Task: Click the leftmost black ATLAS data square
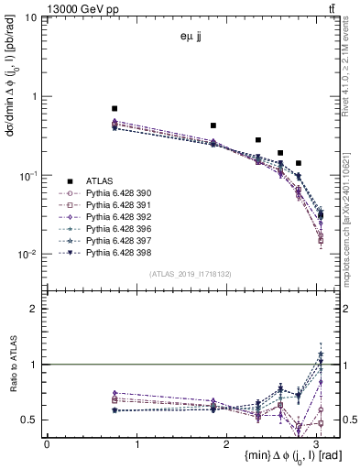pyautogui.click(x=115, y=108)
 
